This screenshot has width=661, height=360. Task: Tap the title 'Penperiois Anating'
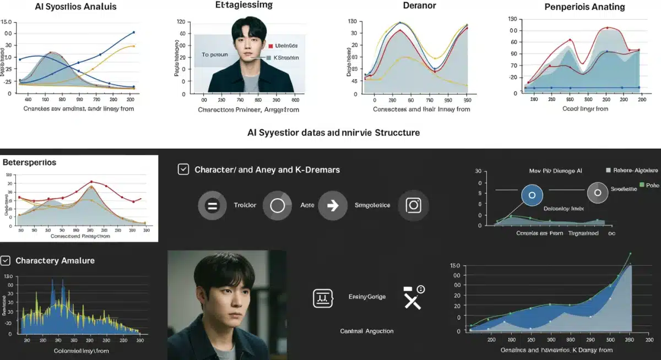tap(584, 7)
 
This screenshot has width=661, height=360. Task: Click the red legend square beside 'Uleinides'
tap(270, 46)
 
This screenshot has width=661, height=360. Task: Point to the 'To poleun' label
tap(214, 54)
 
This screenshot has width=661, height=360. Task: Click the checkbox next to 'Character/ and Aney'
tap(183, 170)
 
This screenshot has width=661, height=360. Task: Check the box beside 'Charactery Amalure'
tap(6, 260)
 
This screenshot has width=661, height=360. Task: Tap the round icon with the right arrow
tap(332, 205)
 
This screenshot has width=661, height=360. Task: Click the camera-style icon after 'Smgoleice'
tap(413, 205)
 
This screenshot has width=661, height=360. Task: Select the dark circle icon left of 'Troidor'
tap(212, 205)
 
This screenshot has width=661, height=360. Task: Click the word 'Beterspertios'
tap(29, 163)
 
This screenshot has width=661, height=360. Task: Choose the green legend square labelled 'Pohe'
tap(642, 185)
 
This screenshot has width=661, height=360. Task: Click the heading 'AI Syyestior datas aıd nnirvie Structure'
tap(333, 133)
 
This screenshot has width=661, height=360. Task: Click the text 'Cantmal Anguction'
tap(367, 331)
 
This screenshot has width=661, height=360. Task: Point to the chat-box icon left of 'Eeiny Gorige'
tap(322, 298)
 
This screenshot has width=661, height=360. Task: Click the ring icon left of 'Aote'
tap(277, 205)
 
